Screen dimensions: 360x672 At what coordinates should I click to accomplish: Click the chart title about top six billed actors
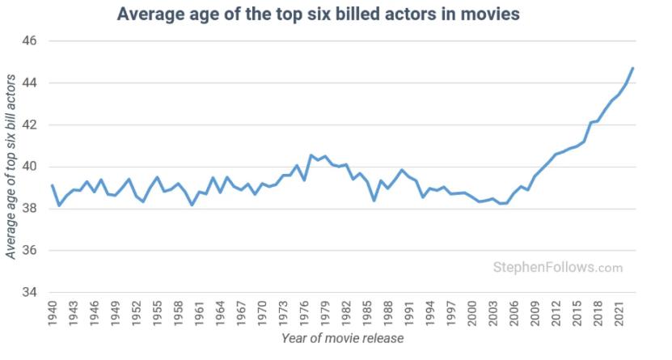pyautogui.click(x=318, y=15)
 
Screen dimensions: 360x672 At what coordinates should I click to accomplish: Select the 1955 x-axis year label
pyautogui.click(x=158, y=311)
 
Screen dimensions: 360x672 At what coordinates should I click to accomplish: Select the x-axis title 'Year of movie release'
pyautogui.click(x=342, y=338)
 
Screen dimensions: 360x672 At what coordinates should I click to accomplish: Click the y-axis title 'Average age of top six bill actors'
pyautogui.click(x=12, y=166)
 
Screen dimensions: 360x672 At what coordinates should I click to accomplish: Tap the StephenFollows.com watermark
pyautogui.click(x=558, y=268)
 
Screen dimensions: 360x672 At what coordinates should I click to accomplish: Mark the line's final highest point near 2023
pyautogui.click(x=633, y=68)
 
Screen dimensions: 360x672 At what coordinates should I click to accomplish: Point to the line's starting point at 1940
pyautogui.click(x=53, y=185)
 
